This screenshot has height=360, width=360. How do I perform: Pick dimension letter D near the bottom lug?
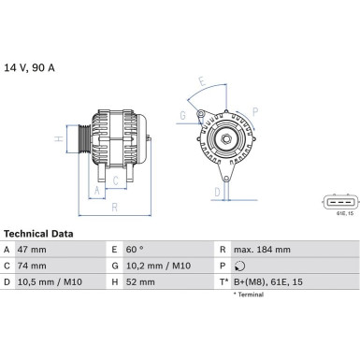tap(217, 193)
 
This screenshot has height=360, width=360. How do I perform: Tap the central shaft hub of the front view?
tap(225, 139)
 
